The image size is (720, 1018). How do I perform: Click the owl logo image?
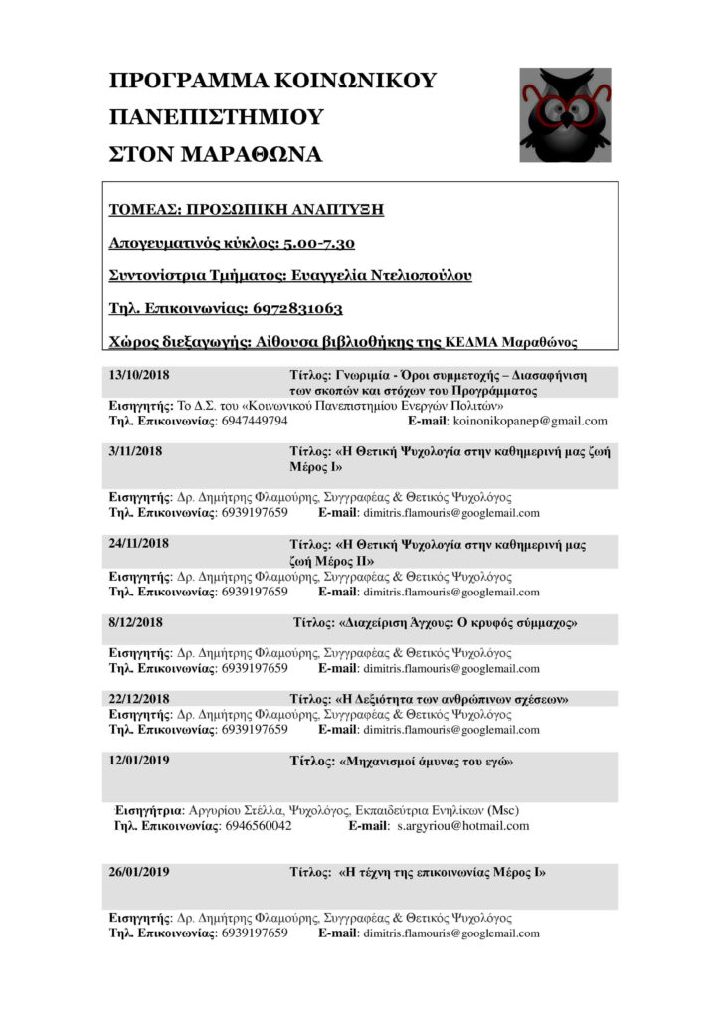pyautogui.click(x=565, y=114)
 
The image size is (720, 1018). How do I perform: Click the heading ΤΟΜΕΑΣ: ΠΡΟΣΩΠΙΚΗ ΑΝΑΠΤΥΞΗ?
pyautogui.click(x=246, y=210)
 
